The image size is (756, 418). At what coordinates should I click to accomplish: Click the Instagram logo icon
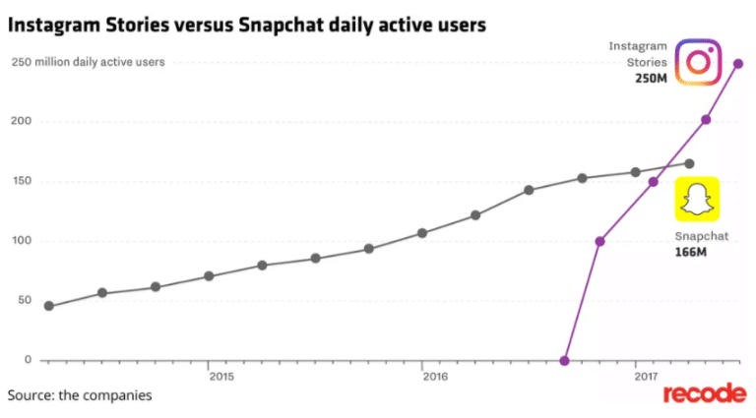[x=699, y=62]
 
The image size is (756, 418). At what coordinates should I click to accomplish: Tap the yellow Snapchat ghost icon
[x=696, y=200]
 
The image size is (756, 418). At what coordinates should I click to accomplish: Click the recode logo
[x=703, y=394]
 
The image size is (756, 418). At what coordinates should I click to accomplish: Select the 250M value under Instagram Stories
[x=652, y=78]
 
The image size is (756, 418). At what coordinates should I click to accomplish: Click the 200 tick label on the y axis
[x=23, y=121]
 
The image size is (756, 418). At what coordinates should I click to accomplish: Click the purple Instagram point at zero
[x=564, y=361]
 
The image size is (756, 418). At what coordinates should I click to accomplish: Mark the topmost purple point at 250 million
[x=738, y=64]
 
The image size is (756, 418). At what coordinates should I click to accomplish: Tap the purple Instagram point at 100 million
[x=600, y=241]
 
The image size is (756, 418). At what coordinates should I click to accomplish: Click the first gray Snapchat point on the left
[x=49, y=306]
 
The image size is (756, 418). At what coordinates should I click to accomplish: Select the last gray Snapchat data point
[x=689, y=163]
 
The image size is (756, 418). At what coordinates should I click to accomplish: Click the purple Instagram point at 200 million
[x=706, y=120]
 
